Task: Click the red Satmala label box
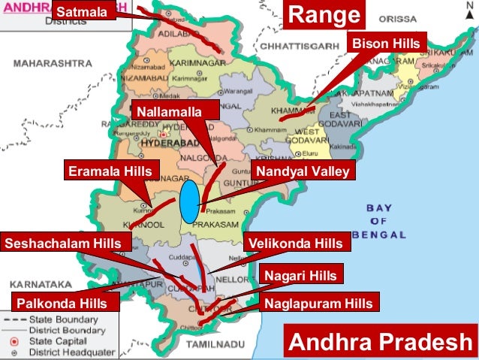83,12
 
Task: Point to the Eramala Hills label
110,172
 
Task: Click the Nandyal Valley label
303,172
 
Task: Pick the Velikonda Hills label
297,243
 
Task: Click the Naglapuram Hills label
318,304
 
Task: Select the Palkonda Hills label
67,304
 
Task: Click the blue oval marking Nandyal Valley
190,201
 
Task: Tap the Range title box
324,15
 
